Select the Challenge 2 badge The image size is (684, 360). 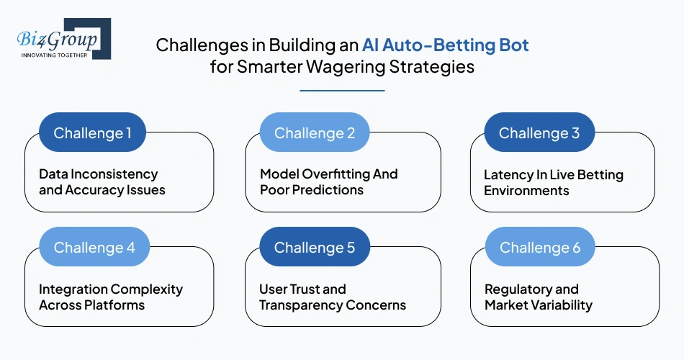pos(314,132)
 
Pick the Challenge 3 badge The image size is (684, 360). pos(539,132)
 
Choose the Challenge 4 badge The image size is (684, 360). pos(94,248)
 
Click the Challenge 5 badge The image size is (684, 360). pos(314,248)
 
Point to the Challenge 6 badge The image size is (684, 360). pos(539,248)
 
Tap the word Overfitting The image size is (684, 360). pos(337,174)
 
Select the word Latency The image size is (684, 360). pos(508,174)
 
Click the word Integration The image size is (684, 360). pos(72,289)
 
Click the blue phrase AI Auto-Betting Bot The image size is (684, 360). pos(446,45)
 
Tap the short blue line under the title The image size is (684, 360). pos(342,91)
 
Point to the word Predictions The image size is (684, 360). pos(328,190)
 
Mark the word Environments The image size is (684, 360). pos(526,190)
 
